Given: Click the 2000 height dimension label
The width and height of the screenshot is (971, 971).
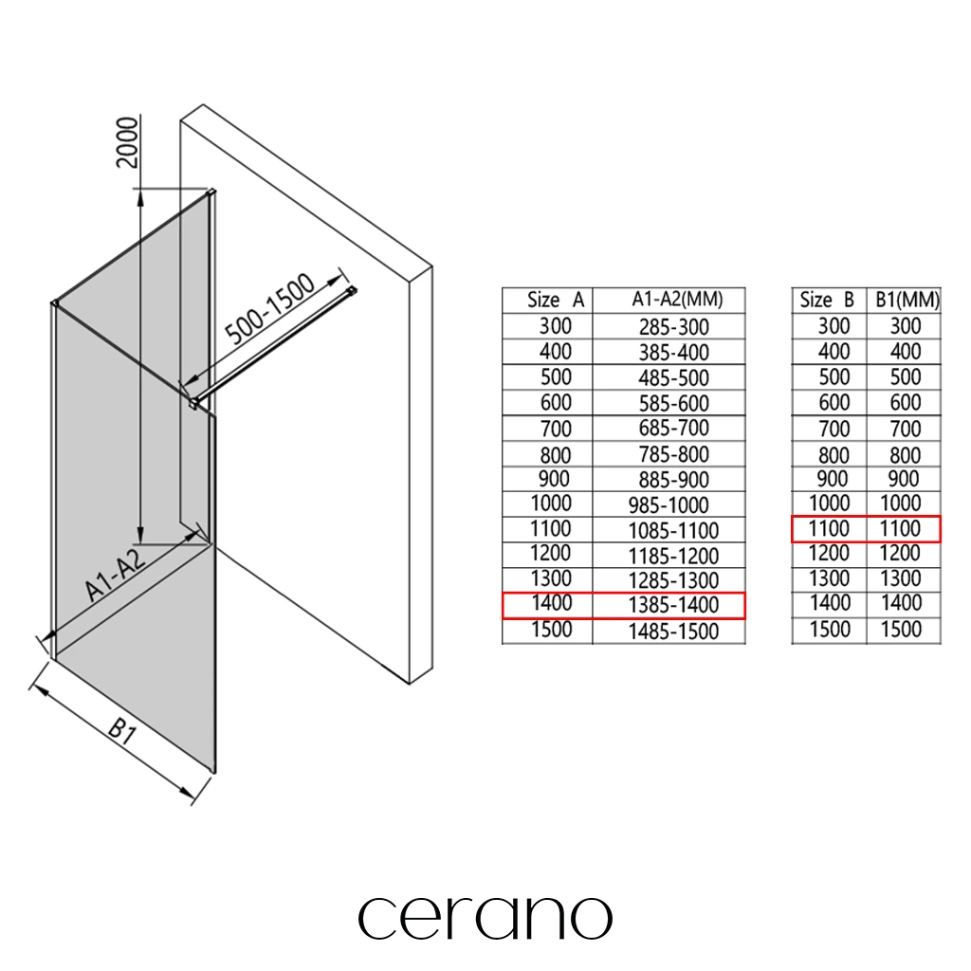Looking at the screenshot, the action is (x=128, y=142).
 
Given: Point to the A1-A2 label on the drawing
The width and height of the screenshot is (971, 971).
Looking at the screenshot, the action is (x=115, y=574).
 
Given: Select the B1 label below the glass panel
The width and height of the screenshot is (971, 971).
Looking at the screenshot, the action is (x=122, y=731).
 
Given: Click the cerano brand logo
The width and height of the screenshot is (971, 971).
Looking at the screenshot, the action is (x=485, y=918).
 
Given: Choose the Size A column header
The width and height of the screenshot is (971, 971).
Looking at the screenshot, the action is (x=556, y=301).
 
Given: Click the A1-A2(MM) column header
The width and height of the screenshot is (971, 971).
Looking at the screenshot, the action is (x=677, y=300).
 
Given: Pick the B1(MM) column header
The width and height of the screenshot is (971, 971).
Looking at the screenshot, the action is (x=907, y=301).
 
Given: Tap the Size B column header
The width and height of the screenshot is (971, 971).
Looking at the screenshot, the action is (x=827, y=301).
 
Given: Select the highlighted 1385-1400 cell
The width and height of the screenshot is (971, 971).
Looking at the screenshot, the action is (x=674, y=605).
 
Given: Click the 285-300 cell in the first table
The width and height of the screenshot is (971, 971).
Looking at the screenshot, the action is (x=674, y=327).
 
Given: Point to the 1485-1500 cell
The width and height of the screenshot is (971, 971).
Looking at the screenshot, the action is (x=674, y=632).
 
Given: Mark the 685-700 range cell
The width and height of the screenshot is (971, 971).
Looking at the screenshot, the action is (x=674, y=428).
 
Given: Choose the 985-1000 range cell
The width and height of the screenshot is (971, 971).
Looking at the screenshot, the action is (x=669, y=505).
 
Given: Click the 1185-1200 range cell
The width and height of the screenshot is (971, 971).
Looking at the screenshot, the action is (x=674, y=556).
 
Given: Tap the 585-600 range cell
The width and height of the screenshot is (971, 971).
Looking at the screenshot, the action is (x=674, y=404).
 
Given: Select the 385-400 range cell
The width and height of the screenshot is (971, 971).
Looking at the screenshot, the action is (x=674, y=353).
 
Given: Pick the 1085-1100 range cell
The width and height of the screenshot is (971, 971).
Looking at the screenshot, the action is (x=674, y=531).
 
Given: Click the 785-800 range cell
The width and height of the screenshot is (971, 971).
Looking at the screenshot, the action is (x=674, y=454).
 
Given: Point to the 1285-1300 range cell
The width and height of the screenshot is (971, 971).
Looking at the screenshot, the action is (x=674, y=581).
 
